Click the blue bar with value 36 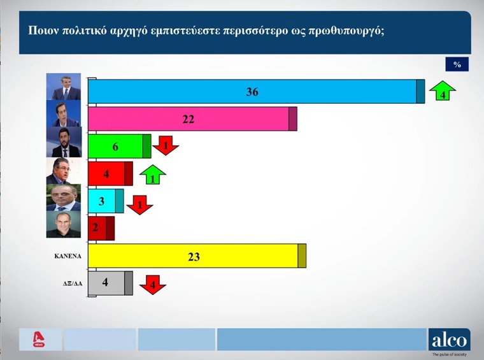(255, 92)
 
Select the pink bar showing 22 (191, 119)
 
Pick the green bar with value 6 (118, 146)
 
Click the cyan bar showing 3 (105, 201)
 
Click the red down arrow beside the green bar (166, 145)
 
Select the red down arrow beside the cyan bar (139, 205)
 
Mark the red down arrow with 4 (152, 284)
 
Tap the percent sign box (457, 64)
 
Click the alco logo (449, 340)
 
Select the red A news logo (40, 340)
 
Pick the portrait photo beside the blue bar (67, 87)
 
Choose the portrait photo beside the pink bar (67, 115)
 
